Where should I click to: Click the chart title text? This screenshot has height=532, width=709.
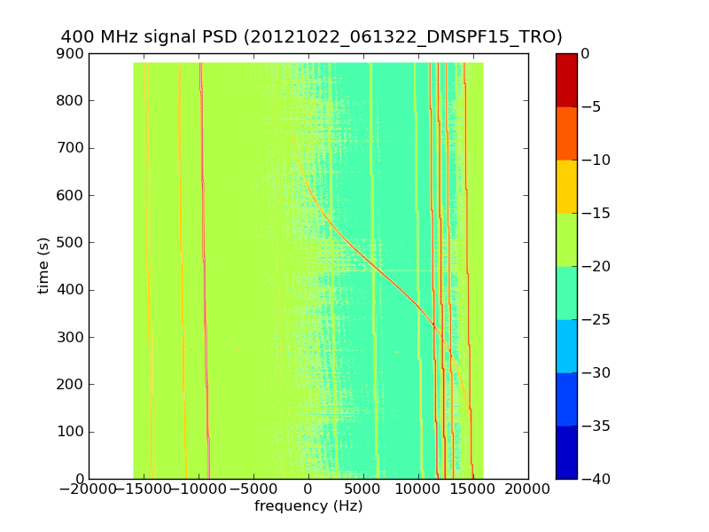coord(311,36)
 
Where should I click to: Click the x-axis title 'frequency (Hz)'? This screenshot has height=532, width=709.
coord(308,506)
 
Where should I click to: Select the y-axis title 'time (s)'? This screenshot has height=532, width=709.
coord(43,266)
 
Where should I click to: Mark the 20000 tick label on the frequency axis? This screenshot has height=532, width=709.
coord(528,489)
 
